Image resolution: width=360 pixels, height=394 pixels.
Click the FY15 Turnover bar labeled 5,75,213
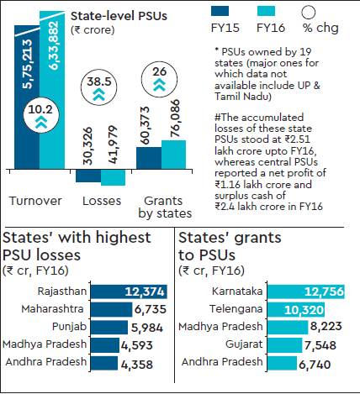[x=25, y=101]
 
